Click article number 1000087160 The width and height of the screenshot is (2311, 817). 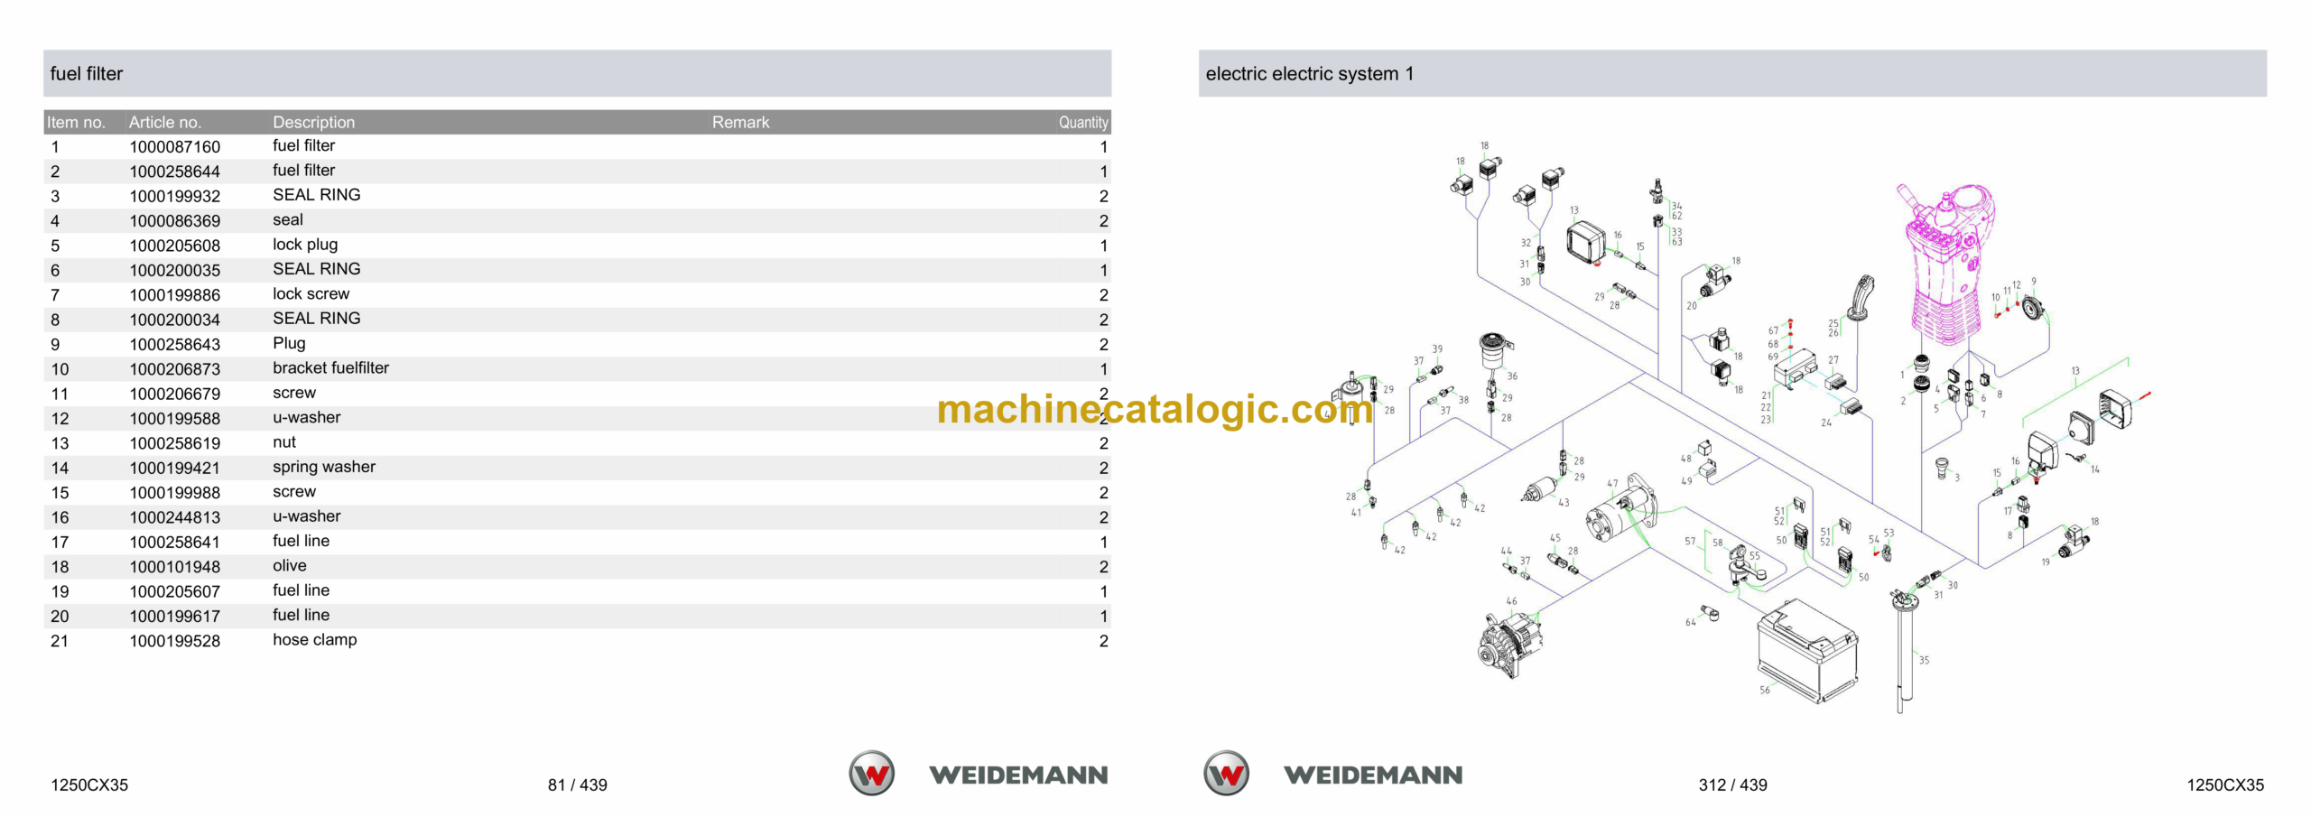click(x=174, y=147)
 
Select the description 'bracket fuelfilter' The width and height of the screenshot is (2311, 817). click(x=330, y=368)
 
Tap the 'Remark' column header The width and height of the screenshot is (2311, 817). click(x=740, y=123)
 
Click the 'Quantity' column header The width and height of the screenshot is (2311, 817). click(x=1083, y=123)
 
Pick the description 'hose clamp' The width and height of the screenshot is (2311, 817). click(x=315, y=640)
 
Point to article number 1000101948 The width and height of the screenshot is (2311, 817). click(x=174, y=567)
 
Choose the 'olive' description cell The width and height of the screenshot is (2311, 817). click(x=290, y=566)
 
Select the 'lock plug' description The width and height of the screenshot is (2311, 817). click(x=305, y=245)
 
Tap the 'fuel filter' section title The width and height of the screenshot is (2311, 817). click(x=87, y=74)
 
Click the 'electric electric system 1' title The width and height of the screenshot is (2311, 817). click(x=1310, y=74)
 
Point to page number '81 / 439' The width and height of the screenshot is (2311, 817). click(x=578, y=785)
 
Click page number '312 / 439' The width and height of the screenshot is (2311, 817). click(x=1733, y=785)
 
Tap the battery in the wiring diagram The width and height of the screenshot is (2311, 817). click(x=1808, y=650)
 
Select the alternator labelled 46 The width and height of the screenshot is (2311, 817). click(x=1509, y=643)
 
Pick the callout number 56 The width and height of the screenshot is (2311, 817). click(x=1765, y=691)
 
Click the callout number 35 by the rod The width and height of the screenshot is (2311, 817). click(x=1924, y=661)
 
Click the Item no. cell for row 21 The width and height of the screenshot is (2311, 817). click(x=60, y=641)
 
